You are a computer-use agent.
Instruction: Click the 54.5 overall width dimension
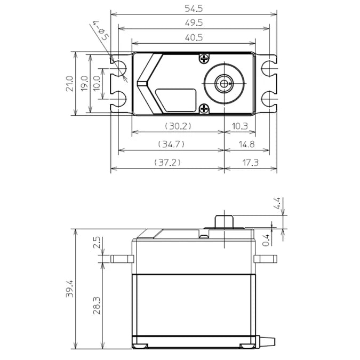pyautogui.click(x=194, y=9)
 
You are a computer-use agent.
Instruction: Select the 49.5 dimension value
pyautogui.click(x=194, y=23)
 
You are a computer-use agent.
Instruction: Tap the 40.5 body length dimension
pyautogui.click(x=194, y=38)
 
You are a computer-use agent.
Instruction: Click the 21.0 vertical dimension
pyautogui.click(x=69, y=84)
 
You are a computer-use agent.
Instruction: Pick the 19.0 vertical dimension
pyautogui.click(x=84, y=84)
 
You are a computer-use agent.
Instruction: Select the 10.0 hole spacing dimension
pyautogui.click(x=97, y=84)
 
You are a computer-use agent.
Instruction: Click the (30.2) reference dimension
pyautogui.click(x=177, y=126)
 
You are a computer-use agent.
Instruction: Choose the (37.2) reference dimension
pyautogui.click(x=167, y=162)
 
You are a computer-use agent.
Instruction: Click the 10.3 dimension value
pyautogui.click(x=239, y=126)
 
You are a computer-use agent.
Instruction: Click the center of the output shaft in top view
pyautogui.click(x=222, y=83)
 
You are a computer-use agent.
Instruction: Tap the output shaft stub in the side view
pyautogui.click(x=225, y=221)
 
